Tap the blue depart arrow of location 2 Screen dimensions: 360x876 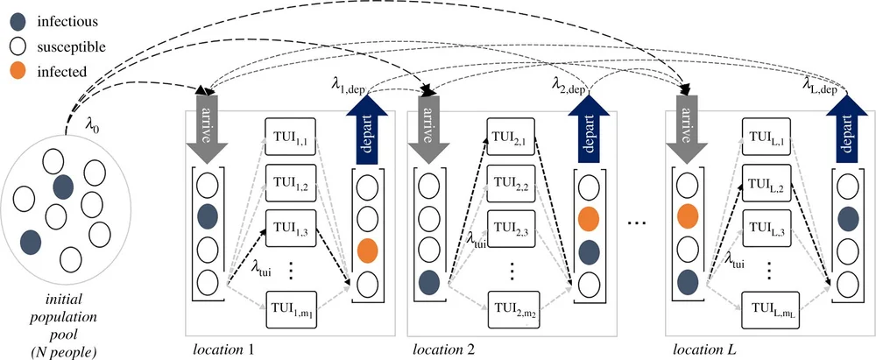tap(588, 124)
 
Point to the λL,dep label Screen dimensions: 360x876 tap(824, 84)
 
